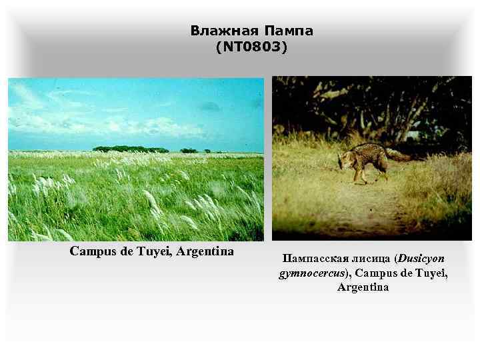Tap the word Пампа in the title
click(x=289, y=31)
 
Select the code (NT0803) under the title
click(x=251, y=47)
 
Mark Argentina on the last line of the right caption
click(x=363, y=287)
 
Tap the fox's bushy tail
click(x=398, y=155)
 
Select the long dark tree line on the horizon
click(x=130, y=149)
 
